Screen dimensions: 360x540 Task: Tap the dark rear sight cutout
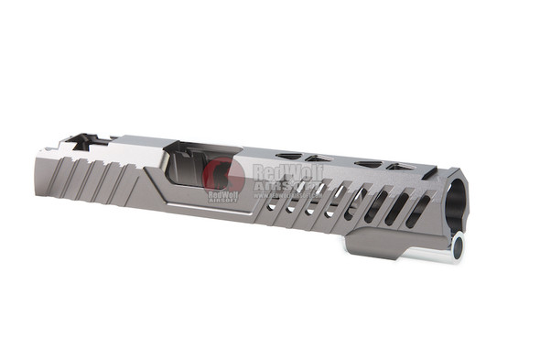pyautogui.click(x=81, y=141)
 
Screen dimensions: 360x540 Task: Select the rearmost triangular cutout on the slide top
pyautogui.click(x=290, y=157)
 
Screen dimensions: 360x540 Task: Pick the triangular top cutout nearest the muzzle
pyautogui.click(x=399, y=167)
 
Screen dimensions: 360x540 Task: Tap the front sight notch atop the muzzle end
pyautogui.click(x=429, y=173)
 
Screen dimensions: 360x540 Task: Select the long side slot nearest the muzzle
pyautogui.click(x=417, y=212)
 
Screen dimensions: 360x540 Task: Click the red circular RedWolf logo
pyautogui.click(x=223, y=174)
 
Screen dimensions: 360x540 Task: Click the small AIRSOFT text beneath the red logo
pyautogui.click(x=222, y=200)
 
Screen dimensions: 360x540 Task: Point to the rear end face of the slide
pyautogui.click(x=43, y=165)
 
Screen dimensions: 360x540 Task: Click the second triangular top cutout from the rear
pyautogui.click(x=318, y=159)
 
